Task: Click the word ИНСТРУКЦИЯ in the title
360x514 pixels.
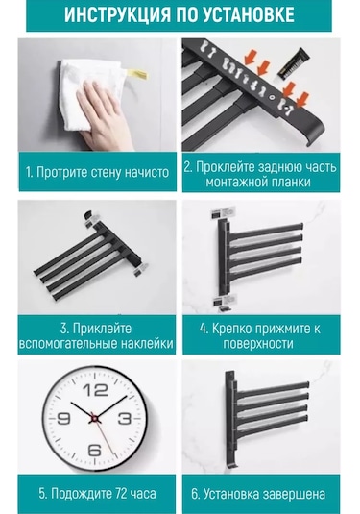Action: (118, 14)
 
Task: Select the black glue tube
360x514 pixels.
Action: (294, 63)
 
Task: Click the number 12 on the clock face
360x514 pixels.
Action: (95, 390)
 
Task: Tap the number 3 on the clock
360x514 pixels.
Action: (124, 419)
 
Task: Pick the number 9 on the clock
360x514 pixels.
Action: (63, 419)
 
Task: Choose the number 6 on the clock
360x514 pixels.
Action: (94, 450)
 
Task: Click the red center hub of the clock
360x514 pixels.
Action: (94, 419)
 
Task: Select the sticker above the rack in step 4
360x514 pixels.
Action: (223, 213)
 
